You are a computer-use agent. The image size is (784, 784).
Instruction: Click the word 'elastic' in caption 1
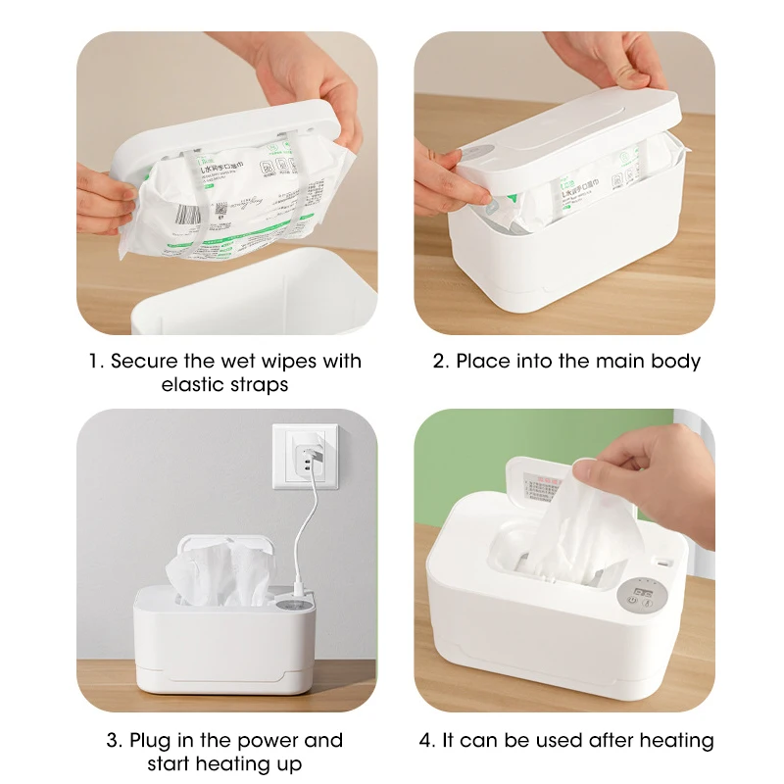click(192, 384)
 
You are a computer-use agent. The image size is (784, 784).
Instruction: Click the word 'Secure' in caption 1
click(144, 361)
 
